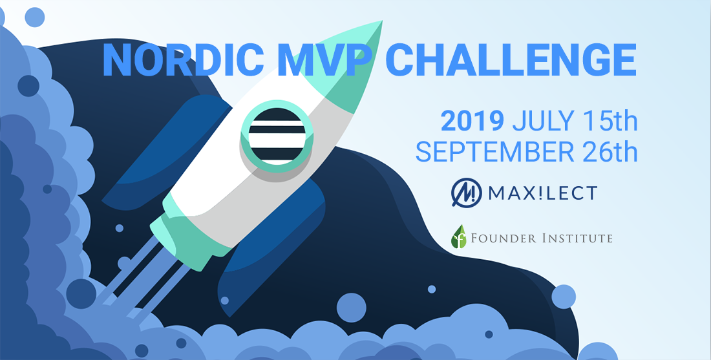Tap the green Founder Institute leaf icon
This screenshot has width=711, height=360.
[x=459, y=236]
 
